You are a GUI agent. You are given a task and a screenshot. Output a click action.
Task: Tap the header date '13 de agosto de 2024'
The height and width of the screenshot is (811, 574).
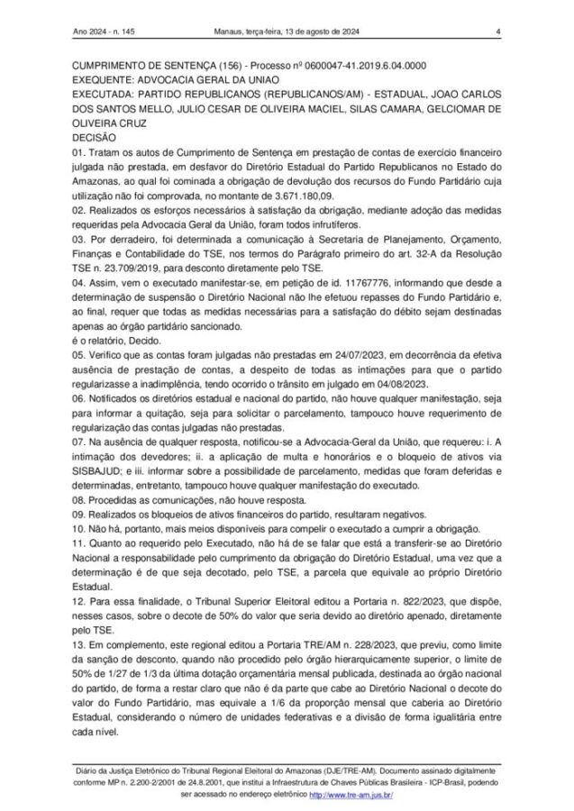point(319,34)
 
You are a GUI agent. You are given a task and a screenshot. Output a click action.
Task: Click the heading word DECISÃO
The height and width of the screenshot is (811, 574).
point(94,137)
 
